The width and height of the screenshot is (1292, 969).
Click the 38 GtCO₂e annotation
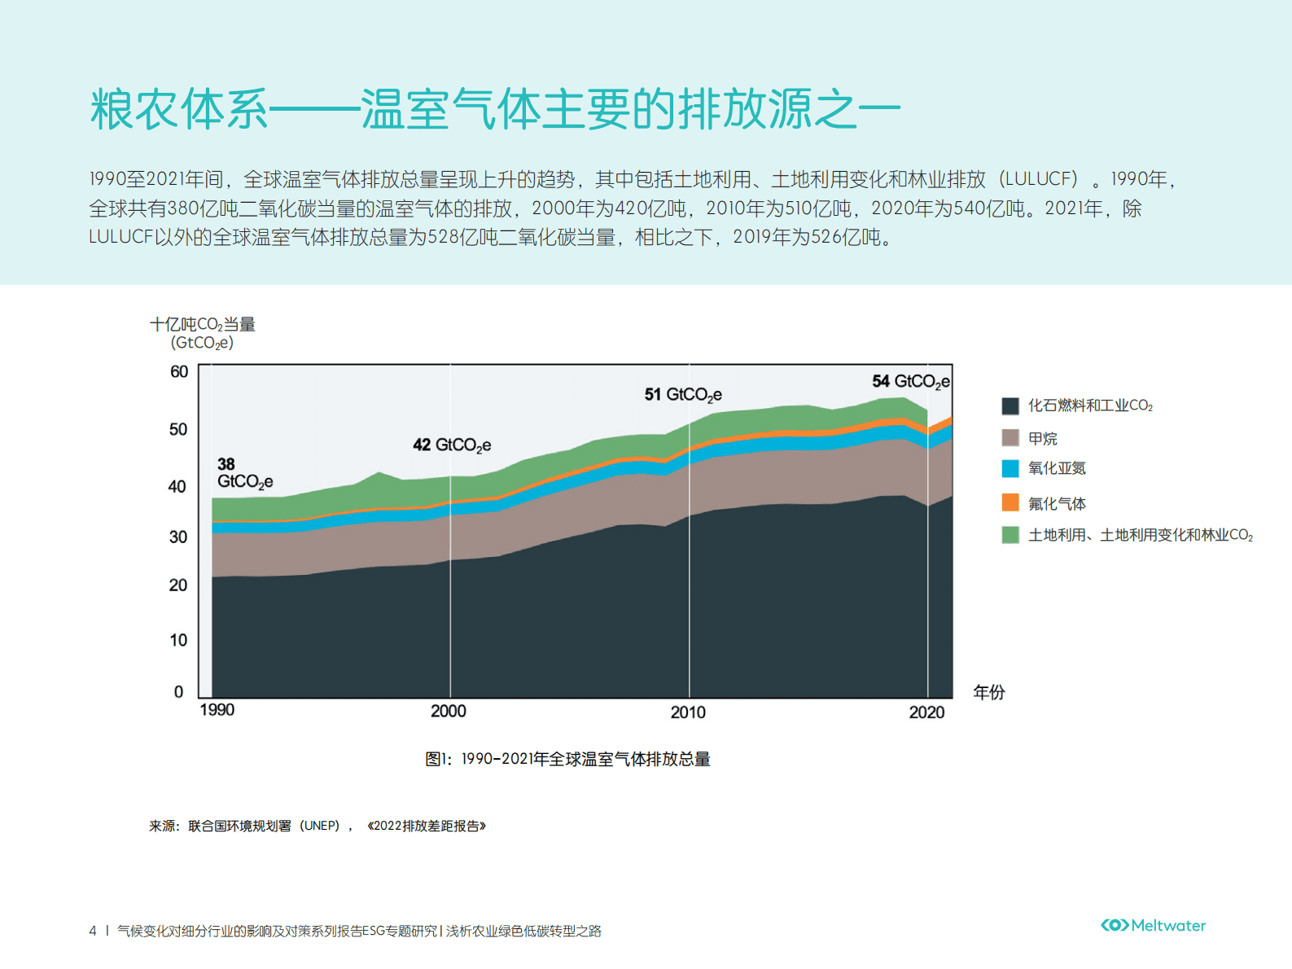(x=243, y=473)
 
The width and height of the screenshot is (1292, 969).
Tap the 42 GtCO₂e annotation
(x=452, y=445)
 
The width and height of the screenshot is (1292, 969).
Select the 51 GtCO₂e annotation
(x=683, y=395)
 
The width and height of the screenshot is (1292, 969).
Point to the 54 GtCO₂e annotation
(x=910, y=382)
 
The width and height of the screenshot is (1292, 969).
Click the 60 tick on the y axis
(x=179, y=372)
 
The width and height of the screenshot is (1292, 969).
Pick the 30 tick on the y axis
(x=178, y=537)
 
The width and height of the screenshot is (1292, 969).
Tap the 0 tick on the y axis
(x=179, y=692)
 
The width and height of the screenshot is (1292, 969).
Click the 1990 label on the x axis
(x=217, y=710)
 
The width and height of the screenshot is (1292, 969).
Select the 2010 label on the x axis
(x=688, y=712)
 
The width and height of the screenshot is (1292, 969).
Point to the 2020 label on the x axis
(x=926, y=712)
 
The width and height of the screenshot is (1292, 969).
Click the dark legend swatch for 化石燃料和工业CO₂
(x=1010, y=406)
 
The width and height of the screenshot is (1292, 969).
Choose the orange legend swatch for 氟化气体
(x=1010, y=502)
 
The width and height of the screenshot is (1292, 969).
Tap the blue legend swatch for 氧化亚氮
(x=1010, y=468)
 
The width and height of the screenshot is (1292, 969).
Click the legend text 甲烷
(x=1042, y=439)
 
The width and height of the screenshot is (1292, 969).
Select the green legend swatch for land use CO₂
(x=1010, y=535)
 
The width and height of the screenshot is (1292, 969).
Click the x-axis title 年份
(x=989, y=692)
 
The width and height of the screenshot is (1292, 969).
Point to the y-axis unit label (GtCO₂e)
(x=202, y=343)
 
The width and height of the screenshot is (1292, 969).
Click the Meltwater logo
(x=1153, y=926)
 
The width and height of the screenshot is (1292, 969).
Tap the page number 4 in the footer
(x=93, y=931)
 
